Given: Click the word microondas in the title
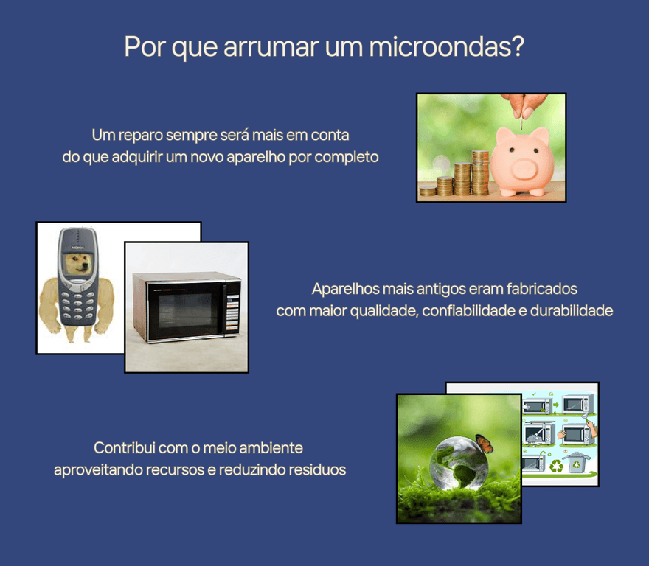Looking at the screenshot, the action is point(447,46).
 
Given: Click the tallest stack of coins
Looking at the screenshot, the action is point(481,173).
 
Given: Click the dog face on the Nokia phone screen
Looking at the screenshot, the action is point(78,265).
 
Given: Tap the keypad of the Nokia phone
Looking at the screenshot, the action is point(77,304).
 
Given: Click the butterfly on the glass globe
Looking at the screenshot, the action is point(485,443).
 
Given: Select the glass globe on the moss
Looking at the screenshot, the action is point(459,462).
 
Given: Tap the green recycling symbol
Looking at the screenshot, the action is point(556,466).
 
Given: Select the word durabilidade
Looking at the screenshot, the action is point(571,311).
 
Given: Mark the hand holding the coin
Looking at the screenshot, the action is point(525,105).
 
